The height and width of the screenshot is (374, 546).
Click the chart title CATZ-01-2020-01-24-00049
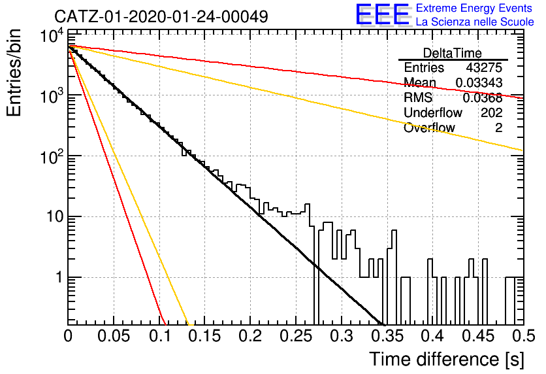tap(161, 16)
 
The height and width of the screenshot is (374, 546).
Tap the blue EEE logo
tap(383, 14)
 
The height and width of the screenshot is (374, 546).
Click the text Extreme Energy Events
tap(474, 8)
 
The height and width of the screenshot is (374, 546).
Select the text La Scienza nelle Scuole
tap(475, 22)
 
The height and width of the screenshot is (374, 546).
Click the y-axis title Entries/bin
tap(14, 73)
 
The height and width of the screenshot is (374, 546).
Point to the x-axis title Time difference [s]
tap(447, 359)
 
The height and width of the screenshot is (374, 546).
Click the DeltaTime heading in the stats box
tap(453, 53)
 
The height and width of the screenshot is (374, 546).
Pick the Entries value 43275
tap(484, 67)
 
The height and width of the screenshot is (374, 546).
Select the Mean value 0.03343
tap(479, 82)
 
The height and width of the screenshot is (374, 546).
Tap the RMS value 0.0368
tap(482, 98)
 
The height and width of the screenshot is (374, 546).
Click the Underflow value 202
tap(492, 112)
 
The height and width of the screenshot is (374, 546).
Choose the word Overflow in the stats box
tap(429, 127)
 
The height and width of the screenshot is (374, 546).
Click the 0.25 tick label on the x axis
tap(296, 336)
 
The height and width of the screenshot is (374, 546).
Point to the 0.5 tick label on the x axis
tap(524, 336)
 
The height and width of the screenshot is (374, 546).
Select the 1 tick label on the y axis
tap(59, 278)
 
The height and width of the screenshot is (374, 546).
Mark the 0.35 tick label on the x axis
tap(387, 336)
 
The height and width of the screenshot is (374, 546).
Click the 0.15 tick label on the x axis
tap(204, 336)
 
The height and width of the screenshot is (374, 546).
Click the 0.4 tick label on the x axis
tap(432, 336)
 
